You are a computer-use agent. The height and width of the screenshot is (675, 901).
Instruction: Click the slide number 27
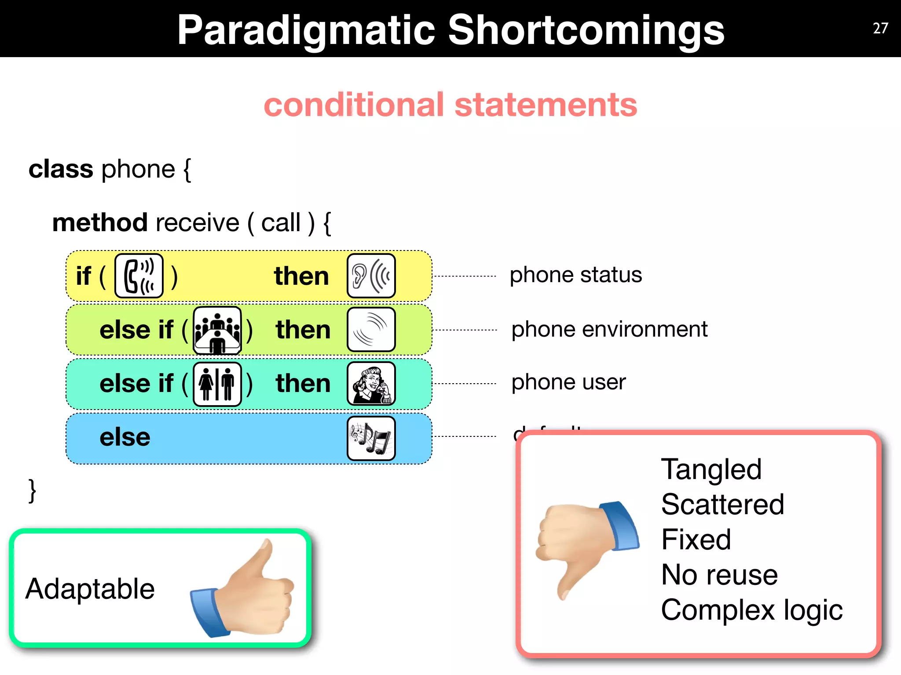(880, 29)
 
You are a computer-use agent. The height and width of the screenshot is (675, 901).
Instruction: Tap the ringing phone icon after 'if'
(139, 276)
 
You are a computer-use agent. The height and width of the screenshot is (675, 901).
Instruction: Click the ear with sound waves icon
(371, 276)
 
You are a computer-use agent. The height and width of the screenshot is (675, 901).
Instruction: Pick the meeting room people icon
(217, 330)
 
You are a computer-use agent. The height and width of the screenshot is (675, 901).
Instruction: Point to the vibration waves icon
(371, 330)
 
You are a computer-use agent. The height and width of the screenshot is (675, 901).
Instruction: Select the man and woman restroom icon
(217, 384)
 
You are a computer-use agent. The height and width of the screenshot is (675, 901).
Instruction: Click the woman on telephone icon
(371, 384)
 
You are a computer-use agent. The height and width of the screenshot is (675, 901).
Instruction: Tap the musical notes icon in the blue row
(371, 438)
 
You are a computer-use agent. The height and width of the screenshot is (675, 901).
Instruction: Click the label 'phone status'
(575, 275)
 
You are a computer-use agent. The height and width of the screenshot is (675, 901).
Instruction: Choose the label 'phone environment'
(609, 329)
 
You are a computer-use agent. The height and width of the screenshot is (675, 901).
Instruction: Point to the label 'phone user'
(568, 382)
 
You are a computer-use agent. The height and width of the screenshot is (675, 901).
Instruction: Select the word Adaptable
(90, 589)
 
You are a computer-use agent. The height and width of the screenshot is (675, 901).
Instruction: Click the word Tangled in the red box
(711, 470)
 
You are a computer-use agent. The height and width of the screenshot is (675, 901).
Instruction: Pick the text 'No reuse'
(720, 575)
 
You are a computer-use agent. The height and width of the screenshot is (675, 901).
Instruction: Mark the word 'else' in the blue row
(125, 437)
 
